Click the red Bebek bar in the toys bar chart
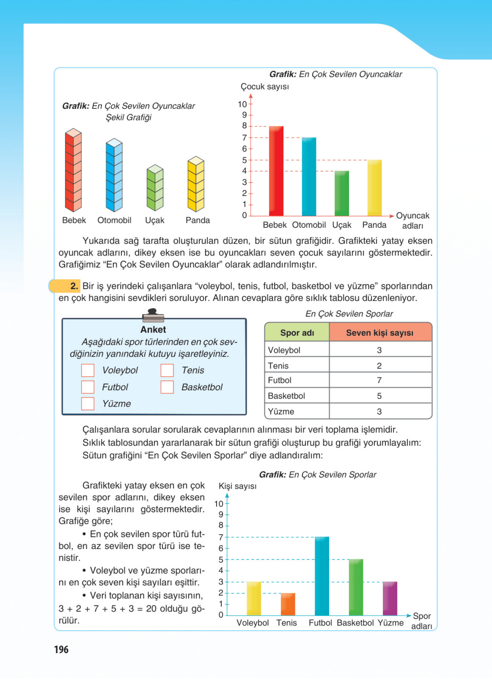(x=276, y=171)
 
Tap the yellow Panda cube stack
(x=196, y=184)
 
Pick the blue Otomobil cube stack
(x=114, y=175)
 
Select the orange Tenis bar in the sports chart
(x=288, y=604)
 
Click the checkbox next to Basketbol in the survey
(x=167, y=387)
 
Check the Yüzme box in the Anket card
(x=88, y=404)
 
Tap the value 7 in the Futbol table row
(x=379, y=380)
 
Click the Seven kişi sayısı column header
(x=380, y=333)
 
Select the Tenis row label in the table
(x=278, y=365)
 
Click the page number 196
(x=61, y=649)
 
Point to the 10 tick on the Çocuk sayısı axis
(x=242, y=104)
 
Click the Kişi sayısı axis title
(x=237, y=486)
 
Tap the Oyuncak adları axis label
(x=412, y=220)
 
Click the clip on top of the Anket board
(x=153, y=315)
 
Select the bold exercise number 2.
(x=74, y=286)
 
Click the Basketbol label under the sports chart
(x=355, y=623)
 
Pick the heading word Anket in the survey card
(x=153, y=329)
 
